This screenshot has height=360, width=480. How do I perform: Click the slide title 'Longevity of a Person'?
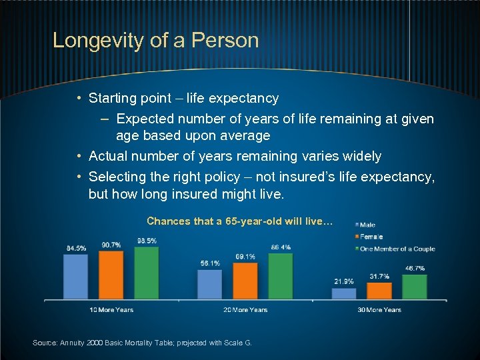[x=155, y=40]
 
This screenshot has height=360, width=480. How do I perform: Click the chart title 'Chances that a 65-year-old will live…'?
[x=239, y=221]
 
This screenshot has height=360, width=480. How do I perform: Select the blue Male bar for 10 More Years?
[x=75, y=276]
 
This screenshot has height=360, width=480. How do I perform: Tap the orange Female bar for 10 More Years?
[x=111, y=275]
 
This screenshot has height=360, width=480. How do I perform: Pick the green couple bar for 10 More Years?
[x=146, y=273]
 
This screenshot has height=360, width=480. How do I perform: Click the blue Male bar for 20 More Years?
[x=209, y=284]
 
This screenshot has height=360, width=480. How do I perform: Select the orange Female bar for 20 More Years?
[x=245, y=281]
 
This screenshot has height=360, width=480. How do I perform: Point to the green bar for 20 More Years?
[x=280, y=276]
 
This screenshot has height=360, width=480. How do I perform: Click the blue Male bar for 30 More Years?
[x=343, y=293]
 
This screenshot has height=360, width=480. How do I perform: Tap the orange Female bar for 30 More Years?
[x=379, y=291]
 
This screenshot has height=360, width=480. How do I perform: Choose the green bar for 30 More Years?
[x=414, y=287]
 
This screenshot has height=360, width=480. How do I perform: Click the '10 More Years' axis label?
[x=111, y=309]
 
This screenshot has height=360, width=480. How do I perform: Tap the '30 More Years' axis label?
[x=379, y=309]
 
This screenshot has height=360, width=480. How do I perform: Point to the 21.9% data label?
[x=343, y=281]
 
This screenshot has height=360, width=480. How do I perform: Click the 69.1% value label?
[x=245, y=257]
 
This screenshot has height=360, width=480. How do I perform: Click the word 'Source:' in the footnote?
[x=45, y=343]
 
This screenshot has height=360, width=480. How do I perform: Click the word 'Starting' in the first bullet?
[x=113, y=99]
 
